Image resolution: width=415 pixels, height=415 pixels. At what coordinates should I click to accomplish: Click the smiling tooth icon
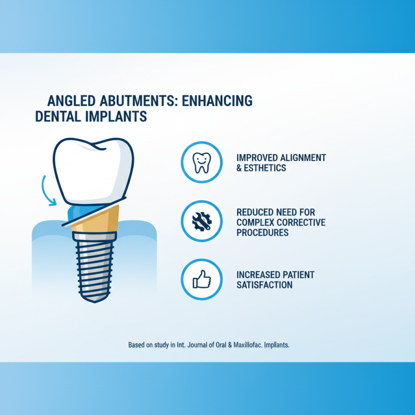[x=201, y=162]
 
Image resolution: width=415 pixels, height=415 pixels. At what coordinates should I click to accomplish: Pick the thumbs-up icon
[x=201, y=280]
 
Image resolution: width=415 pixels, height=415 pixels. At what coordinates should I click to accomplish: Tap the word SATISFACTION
[x=264, y=285]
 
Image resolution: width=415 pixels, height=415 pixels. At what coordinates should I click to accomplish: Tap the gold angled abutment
[x=96, y=220]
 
